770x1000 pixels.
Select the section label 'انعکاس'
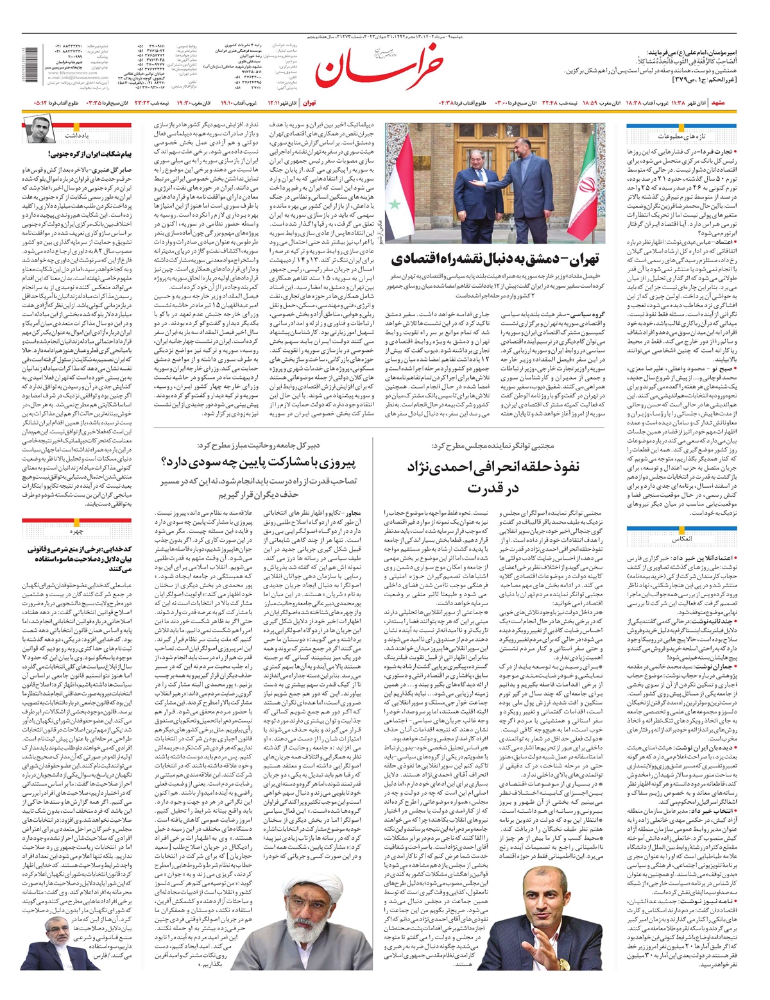[683, 539]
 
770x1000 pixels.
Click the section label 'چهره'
[77, 531]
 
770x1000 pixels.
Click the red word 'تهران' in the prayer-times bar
[310, 103]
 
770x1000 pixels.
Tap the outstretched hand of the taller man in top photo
[479, 183]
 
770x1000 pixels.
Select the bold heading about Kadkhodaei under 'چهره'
[77, 558]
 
